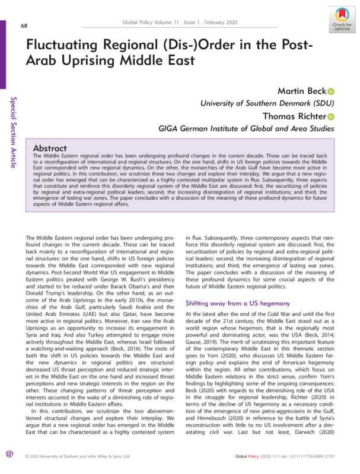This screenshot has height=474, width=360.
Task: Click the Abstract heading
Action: pyautogui.click(x=57, y=148)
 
